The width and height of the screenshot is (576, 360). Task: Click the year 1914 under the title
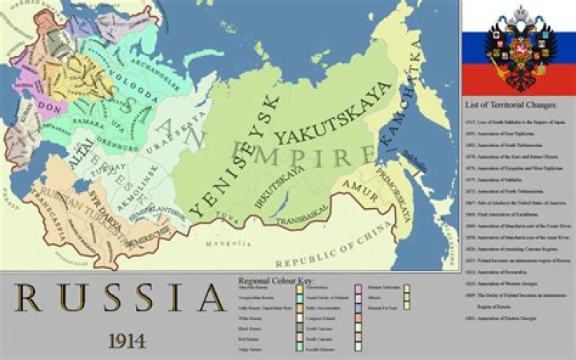(126, 340)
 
